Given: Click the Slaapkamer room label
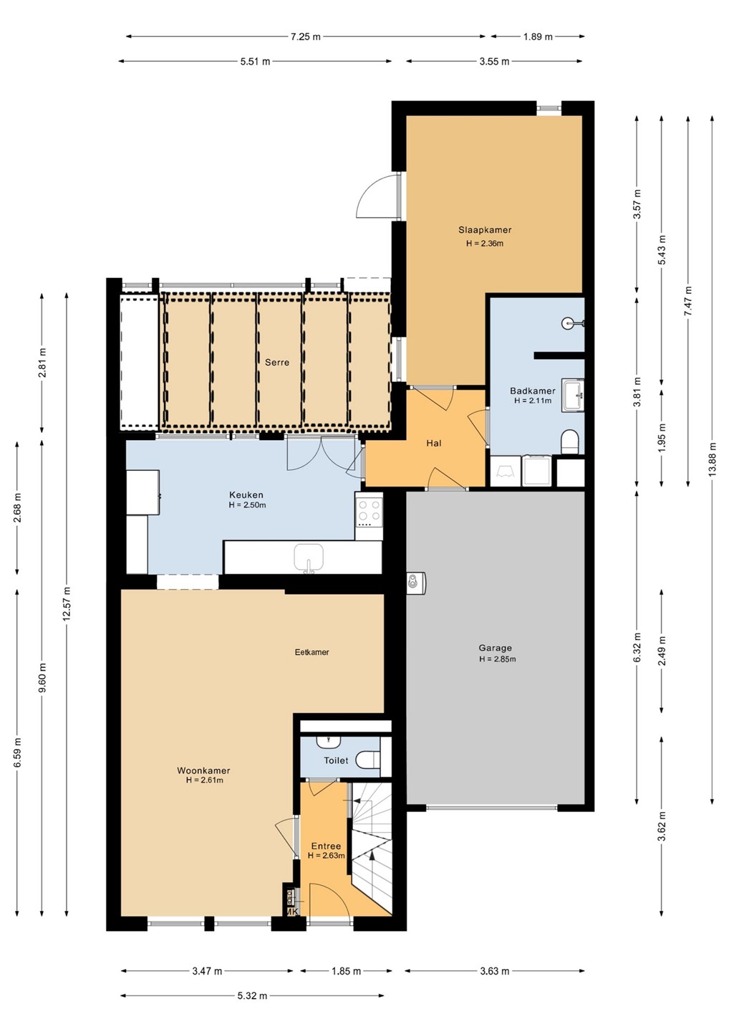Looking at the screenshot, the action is coord(485,229).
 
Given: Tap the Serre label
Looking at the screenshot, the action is coord(277,363).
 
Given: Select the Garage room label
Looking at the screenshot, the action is coord(496,648).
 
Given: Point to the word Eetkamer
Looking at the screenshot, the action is coord(312,652).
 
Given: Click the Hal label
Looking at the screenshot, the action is coord(434,443).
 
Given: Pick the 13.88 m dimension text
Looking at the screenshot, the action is coord(713,459).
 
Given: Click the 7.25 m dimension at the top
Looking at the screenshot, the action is coord(306,37).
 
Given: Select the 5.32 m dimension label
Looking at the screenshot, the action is coord(252,995).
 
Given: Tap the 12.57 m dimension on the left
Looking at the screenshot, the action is coord(67,603).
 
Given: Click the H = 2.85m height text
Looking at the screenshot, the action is coord(497,659).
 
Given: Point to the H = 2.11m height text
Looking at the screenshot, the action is coord(533,401).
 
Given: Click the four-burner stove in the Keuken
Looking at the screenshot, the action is coord(369,515).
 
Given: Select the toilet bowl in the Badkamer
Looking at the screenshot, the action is coord(570,441).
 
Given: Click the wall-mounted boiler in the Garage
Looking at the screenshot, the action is coord(416,581).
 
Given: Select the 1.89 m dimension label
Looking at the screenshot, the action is coord(538,37).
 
